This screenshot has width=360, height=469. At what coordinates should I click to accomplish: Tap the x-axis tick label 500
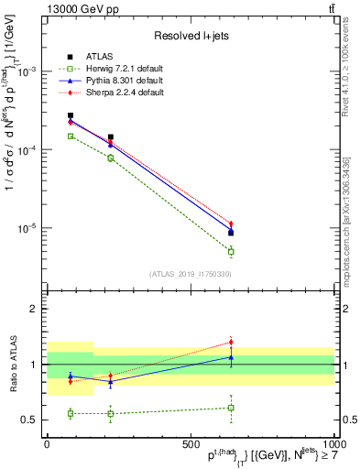190,442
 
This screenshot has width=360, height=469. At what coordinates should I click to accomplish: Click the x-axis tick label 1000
331,442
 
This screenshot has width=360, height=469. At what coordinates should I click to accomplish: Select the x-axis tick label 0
47,442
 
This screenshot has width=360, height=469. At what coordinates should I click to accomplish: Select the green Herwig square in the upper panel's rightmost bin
231,251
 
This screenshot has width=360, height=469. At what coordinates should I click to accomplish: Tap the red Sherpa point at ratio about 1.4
231,343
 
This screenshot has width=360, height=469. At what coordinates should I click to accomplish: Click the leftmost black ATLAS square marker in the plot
71,116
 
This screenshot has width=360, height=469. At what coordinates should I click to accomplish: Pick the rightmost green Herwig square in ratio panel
231,408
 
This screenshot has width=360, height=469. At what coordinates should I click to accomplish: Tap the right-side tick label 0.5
348,420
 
